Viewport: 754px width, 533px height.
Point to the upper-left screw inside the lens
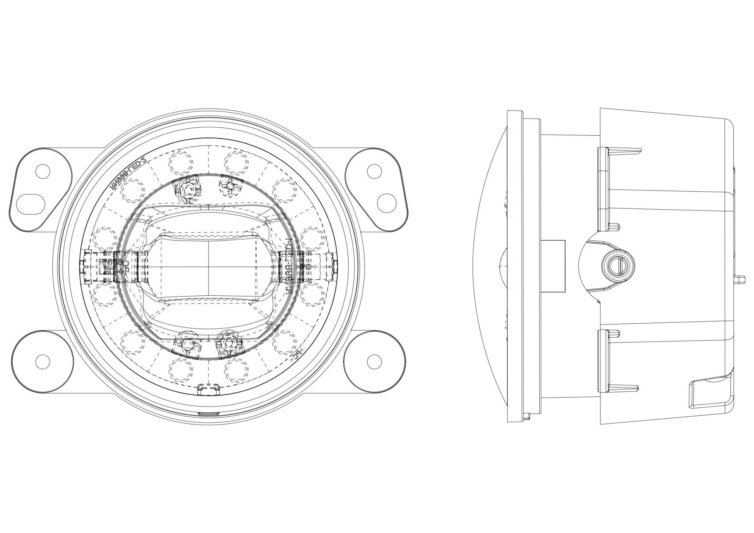pyautogui.click(x=189, y=190)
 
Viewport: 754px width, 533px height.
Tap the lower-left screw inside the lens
pyautogui.click(x=187, y=344)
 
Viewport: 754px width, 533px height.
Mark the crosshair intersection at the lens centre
pyautogui.click(x=209, y=266)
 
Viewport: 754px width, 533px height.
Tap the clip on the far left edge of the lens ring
pyautogui.click(x=87, y=266)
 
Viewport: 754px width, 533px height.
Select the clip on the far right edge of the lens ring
pyautogui.click(x=331, y=266)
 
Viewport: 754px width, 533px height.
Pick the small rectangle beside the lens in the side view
pyautogui.click(x=553, y=266)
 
